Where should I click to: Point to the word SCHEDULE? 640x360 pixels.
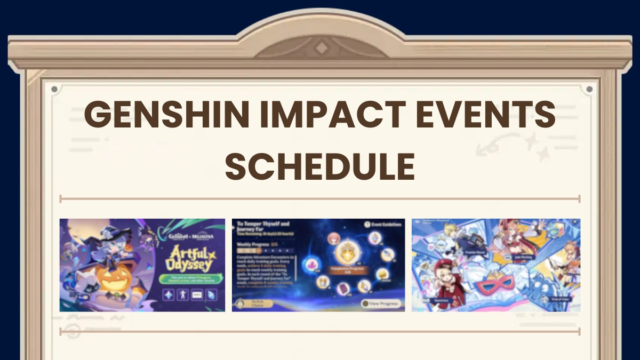(320, 165)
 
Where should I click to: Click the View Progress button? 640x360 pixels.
(381, 303)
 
